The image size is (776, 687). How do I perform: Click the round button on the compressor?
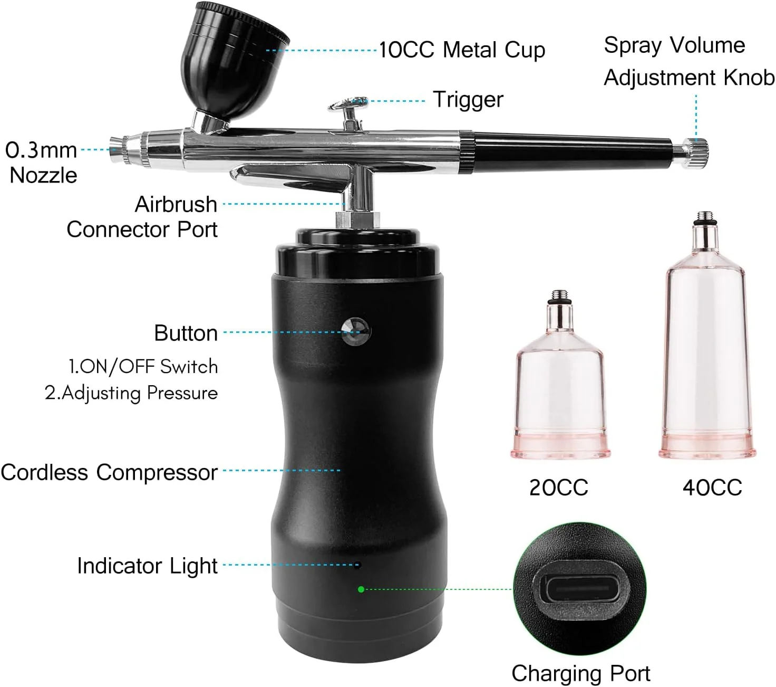click(355, 331)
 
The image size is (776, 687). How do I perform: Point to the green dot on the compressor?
click(361, 589)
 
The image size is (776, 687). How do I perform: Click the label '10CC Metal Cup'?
click(462, 50)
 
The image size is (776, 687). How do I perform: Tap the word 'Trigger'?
click(468, 100)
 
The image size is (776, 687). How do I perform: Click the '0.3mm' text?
click(41, 150)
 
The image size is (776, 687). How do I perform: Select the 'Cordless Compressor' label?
click(109, 472)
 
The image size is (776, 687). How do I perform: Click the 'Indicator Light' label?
click(148, 566)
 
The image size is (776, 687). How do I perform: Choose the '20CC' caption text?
click(558, 487)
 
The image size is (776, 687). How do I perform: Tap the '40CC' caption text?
click(712, 487)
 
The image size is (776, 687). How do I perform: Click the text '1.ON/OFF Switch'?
click(143, 367)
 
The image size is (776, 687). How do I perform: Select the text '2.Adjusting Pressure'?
click(131, 393)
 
